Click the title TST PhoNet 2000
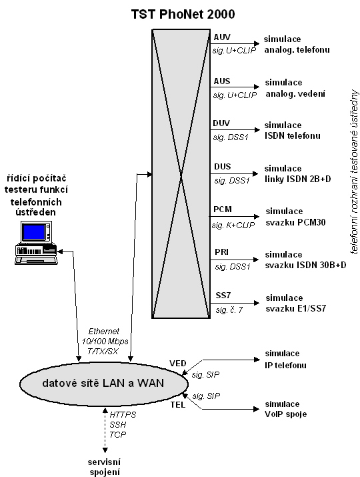coord(183,14)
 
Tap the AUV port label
coord(222,37)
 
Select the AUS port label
coord(221,81)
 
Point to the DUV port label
coord(221,123)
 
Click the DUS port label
coord(222,167)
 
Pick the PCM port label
coord(223,209)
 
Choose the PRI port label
coord(221,252)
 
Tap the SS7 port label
coord(223,296)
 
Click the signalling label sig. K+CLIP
coord(233,225)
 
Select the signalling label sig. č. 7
coord(229,310)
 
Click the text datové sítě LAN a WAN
coord(103,383)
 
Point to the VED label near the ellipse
coord(177,363)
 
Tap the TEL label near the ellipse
coord(177,405)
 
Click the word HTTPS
coord(123,415)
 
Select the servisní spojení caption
coord(104,467)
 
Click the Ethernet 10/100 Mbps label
coord(105,336)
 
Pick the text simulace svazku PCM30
coord(295,217)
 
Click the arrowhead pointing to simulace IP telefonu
coord(257,360)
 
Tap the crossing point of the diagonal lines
coord(181,174)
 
